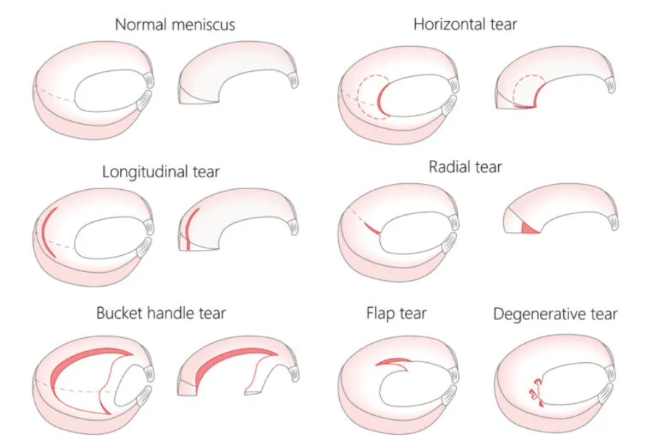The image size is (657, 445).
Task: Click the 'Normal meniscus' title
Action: (174, 25)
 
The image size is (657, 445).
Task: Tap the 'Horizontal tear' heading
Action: (465, 24)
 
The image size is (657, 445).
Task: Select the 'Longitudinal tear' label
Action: (160, 172)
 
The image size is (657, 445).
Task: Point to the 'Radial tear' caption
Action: (465, 167)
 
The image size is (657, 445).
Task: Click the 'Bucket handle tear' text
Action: (161, 313)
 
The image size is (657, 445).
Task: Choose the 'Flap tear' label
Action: (396, 314)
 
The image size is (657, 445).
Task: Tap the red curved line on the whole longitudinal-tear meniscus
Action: (47, 231)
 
